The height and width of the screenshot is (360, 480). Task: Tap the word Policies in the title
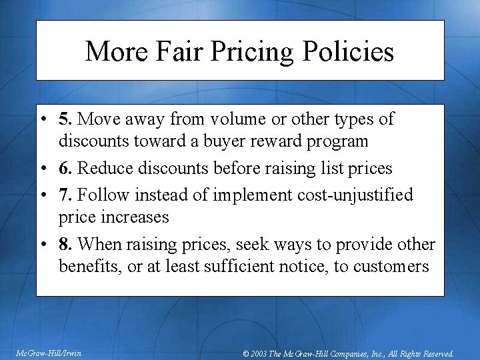tap(350, 51)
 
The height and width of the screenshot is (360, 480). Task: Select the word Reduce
tap(103, 169)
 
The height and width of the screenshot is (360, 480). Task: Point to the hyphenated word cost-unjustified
tap(353, 195)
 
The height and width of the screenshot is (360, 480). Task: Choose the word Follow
tap(101, 195)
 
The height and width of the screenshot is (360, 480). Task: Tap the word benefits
tap(85, 267)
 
